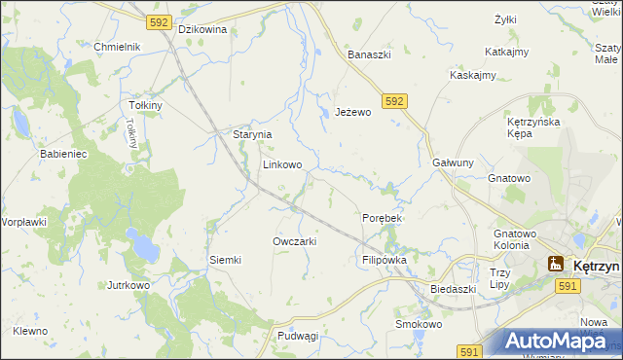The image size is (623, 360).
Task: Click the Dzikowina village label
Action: pyautogui.click(x=202, y=29)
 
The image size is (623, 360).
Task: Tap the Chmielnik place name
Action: pyautogui.click(x=118, y=47)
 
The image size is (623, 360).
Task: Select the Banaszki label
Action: pyautogui.click(x=370, y=54)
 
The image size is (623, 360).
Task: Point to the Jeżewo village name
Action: pyautogui.click(x=353, y=112)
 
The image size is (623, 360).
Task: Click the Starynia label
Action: pyautogui.click(x=251, y=134)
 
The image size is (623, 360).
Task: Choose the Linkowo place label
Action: pyautogui.click(x=281, y=164)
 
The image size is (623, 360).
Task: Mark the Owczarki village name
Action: pyautogui.click(x=294, y=240)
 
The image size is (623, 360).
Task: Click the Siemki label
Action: pyautogui.click(x=225, y=260)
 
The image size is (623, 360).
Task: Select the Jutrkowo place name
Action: pyautogui.click(x=128, y=285)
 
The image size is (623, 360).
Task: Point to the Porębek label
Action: pyautogui.click(x=382, y=218)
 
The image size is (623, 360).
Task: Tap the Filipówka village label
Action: pyautogui.click(x=384, y=260)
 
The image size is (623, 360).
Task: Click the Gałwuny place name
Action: pyautogui.click(x=453, y=163)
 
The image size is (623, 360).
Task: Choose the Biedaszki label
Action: pyautogui.click(x=453, y=289)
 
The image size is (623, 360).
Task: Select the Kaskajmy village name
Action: pyautogui.click(x=473, y=75)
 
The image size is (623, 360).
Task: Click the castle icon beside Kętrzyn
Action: pyautogui.click(x=556, y=263)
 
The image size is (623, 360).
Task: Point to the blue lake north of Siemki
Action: pyautogui.click(x=145, y=249)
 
